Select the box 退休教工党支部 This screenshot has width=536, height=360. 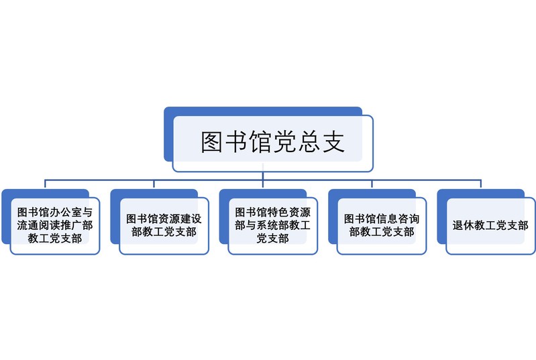click(490, 226)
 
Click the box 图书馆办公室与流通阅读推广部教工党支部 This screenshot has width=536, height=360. click(55, 226)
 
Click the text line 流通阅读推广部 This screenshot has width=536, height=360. click(55, 226)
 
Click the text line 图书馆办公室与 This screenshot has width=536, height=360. click(55, 213)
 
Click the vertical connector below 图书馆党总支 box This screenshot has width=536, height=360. click(263, 176)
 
